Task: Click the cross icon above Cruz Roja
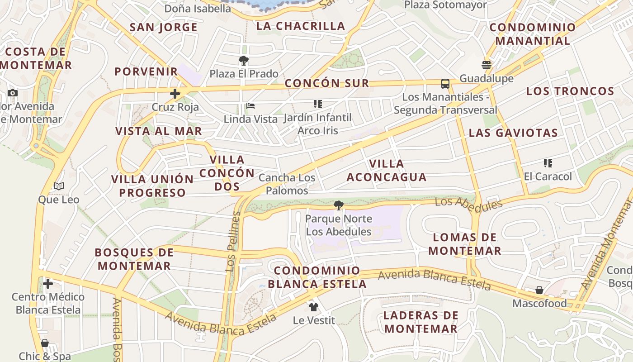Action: (x=175, y=94)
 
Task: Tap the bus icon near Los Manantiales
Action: (x=445, y=83)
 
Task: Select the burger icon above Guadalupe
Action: (x=487, y=65)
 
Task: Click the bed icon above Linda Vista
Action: (x=250, y=106)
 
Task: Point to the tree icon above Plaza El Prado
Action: (x=244, y=60)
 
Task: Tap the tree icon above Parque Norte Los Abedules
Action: (x=338, y=206)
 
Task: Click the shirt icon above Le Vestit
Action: (x=314, y=307)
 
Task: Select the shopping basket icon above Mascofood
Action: (x=539, y=290)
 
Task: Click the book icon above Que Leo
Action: (x=59, y=186)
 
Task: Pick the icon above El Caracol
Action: (x=548, y=163)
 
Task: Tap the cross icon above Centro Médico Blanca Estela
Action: (x=48, y=284)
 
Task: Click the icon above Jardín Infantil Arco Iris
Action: (x=318, y=104)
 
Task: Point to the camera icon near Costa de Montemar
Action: (x=13, y=93)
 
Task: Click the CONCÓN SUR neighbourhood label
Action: (x=326, y=83)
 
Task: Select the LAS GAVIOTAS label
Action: (x=513, y=133)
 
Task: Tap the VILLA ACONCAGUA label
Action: (x=387, y=170)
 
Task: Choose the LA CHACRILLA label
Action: (x=301, y=26)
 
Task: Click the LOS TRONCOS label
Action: (x=570, y=91)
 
